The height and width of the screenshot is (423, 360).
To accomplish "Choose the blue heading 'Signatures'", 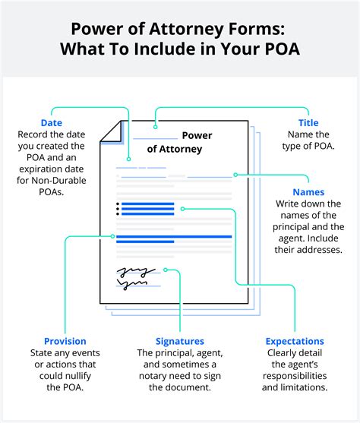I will tap(179, 341).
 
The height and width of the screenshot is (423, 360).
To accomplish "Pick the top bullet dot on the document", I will tap(117, 204).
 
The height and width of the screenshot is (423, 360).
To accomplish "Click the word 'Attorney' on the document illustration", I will tap(175, 149).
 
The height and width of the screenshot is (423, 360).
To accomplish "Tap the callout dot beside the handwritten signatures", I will tap(165, 270).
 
